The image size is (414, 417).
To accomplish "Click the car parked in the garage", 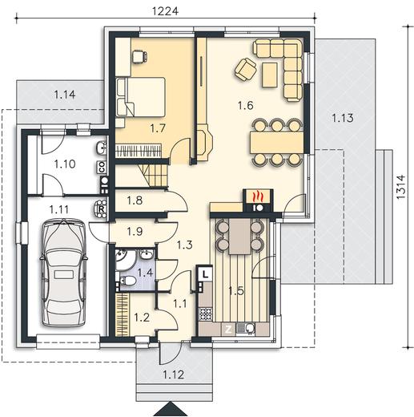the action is click(63, 273).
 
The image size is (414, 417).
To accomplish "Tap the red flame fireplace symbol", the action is click(258, 196).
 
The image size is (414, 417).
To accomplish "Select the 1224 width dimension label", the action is click(165, 11).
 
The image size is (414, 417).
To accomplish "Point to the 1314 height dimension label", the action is click(401, 187).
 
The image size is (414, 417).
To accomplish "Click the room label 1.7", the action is click(158, 128).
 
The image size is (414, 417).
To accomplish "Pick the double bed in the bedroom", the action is click(140, 97).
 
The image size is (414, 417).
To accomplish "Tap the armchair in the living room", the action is click(246, 69).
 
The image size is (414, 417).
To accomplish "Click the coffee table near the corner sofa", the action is click(270, 75).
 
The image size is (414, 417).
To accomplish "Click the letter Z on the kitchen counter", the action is click(228, 330).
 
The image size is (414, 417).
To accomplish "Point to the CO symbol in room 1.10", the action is click(102, 168).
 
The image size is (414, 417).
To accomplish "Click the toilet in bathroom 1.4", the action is click(127, 281).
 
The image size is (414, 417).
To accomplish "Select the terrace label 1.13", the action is click(343, 118).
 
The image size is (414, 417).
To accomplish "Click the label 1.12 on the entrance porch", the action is click(174, 374).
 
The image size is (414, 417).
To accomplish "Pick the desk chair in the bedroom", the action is click(139, 57).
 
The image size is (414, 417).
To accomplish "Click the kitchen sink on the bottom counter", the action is click(246, 329).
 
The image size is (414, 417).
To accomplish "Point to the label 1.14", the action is click(65, 95).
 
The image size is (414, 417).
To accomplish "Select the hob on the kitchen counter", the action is click(206, 314).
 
